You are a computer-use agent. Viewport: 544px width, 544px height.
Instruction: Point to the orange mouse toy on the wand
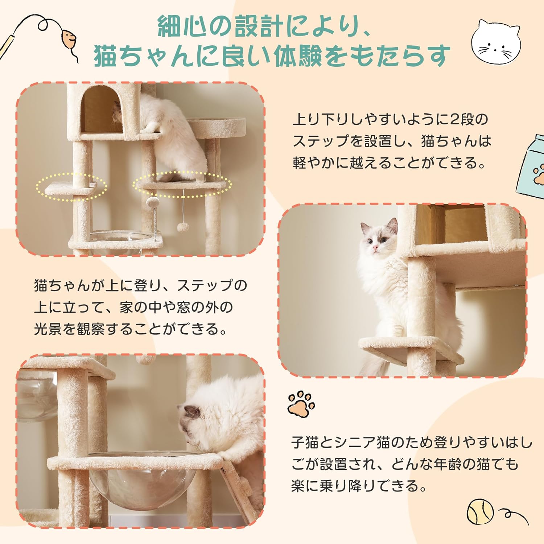click(68, 39)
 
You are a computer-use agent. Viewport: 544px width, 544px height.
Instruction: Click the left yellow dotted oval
click(71, 187)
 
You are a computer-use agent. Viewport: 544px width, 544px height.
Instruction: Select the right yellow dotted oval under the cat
click(182, 185)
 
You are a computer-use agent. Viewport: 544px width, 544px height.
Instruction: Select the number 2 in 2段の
click(454, 119)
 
